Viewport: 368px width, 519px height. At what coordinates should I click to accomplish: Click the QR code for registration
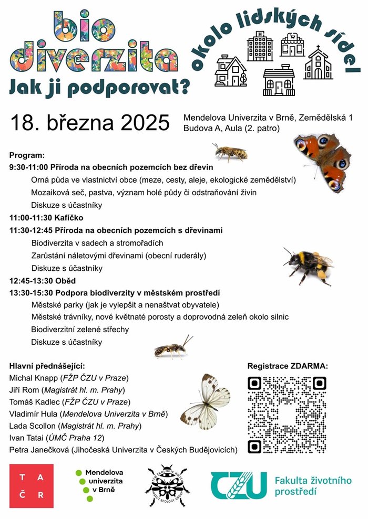pos(287,415)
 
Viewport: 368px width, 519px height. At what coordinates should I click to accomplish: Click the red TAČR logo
pos(31,486)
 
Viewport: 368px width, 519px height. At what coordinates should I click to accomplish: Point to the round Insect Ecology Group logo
pos(167,486)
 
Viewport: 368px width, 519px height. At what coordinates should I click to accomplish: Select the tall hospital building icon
pos(260,47)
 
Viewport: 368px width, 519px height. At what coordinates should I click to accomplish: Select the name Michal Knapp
pos(33,378)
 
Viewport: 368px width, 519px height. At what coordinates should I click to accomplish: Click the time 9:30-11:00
pos(28,167)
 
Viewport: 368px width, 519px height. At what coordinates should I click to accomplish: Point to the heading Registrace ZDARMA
pos(287,366)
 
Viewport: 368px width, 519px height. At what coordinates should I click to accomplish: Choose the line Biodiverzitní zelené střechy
pos(80,330)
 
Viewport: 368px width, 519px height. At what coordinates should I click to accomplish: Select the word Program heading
pos(27,156)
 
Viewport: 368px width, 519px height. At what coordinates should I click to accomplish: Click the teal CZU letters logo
pos(238,485)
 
